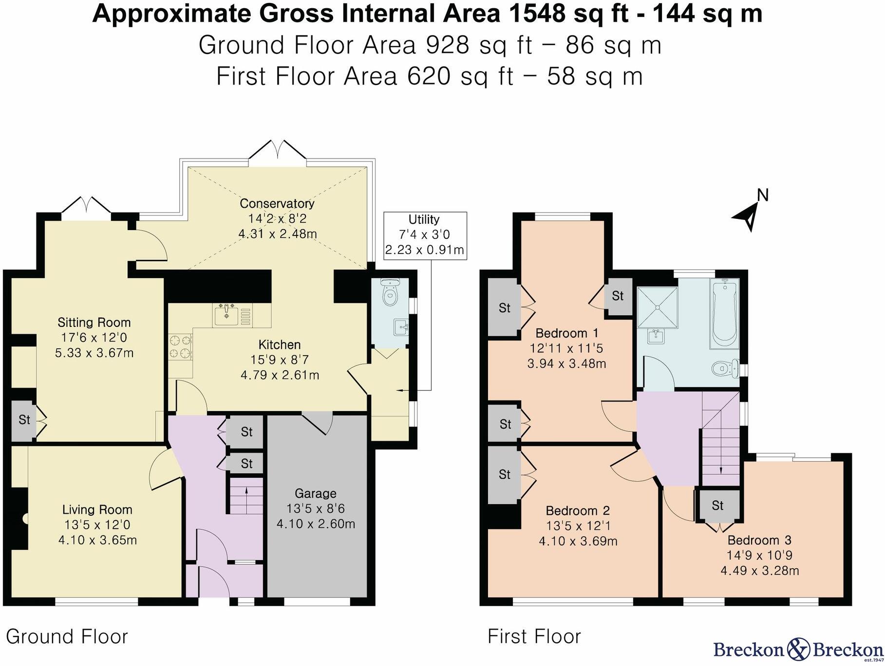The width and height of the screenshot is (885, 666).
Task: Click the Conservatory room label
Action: coord(277,203)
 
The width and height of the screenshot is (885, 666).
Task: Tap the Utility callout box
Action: coord(425,235)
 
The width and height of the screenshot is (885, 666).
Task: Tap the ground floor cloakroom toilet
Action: coord(390,292)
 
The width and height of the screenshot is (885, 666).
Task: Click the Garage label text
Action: coord(316,494)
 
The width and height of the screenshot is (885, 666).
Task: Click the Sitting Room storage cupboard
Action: coord(23,420)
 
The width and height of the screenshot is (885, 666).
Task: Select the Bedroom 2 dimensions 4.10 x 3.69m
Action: coord(578,541)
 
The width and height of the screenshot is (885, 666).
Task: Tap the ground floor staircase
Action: coord(246,496)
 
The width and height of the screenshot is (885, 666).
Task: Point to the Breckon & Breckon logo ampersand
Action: coord(797,648)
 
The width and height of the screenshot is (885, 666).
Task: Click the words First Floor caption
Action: coord(534,636)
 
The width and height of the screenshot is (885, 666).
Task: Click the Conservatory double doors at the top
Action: coord(278,150)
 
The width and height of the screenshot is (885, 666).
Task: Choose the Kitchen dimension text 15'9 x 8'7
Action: coord(280,360)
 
